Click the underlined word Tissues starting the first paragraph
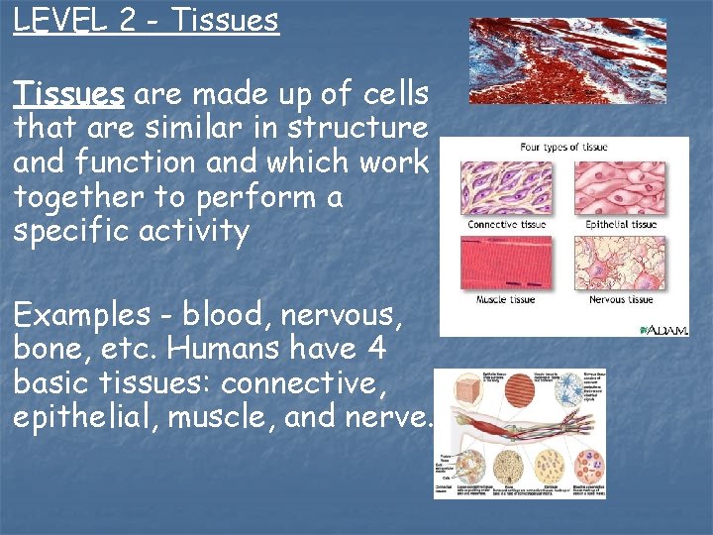pos(68,95)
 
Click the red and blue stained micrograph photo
pos(566,60)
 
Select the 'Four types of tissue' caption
pos(563,148)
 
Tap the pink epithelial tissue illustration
pos(621,188)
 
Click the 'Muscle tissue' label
pos(505,299)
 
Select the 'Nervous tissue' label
pos(621,299)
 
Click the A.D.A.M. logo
pos(663,329)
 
